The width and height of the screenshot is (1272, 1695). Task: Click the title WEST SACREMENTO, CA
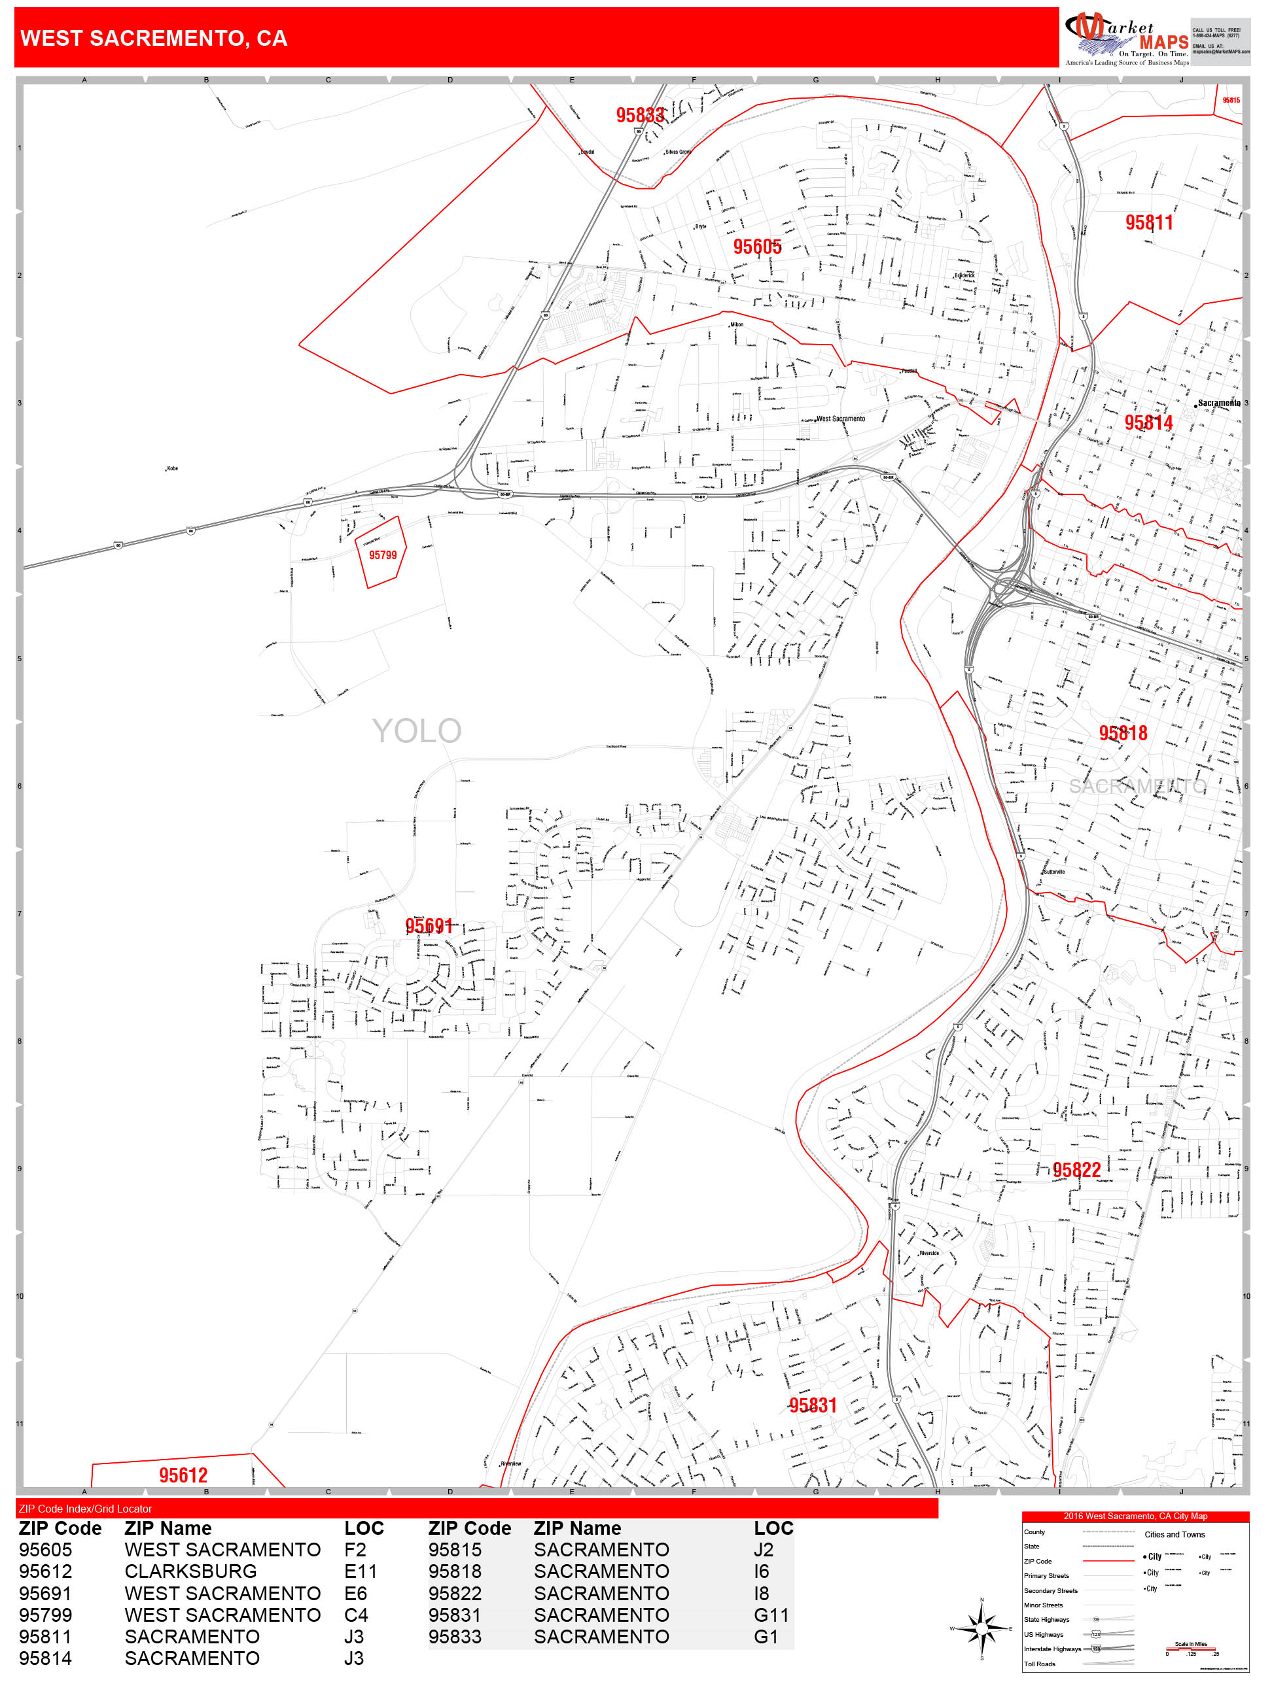point(153,39)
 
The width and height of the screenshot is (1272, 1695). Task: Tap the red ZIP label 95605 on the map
point(757,247)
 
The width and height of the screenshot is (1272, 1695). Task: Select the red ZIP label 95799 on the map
point(383,555)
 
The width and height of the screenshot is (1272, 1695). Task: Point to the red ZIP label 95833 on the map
point(639,115)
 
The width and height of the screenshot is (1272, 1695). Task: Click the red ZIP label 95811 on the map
point(1148,223)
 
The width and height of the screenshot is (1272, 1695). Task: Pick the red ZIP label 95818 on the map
point(1123,733)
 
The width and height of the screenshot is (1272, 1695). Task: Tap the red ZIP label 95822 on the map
point(1076,1169)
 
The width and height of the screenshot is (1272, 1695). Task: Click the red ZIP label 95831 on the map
point(813,1405)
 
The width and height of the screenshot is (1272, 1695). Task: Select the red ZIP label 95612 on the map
point(183,1475)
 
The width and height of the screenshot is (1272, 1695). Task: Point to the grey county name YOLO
point(416,731)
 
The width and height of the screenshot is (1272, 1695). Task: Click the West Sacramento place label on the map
point(841,419)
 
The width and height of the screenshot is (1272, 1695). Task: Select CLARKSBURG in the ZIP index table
point(190,1571)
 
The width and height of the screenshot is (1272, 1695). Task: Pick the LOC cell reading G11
point(771,1615)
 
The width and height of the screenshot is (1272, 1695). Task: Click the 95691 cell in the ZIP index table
point(45,1593)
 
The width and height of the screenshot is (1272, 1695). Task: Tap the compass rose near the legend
point(982,1628)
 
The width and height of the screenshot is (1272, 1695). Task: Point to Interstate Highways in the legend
point(1052,1649)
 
